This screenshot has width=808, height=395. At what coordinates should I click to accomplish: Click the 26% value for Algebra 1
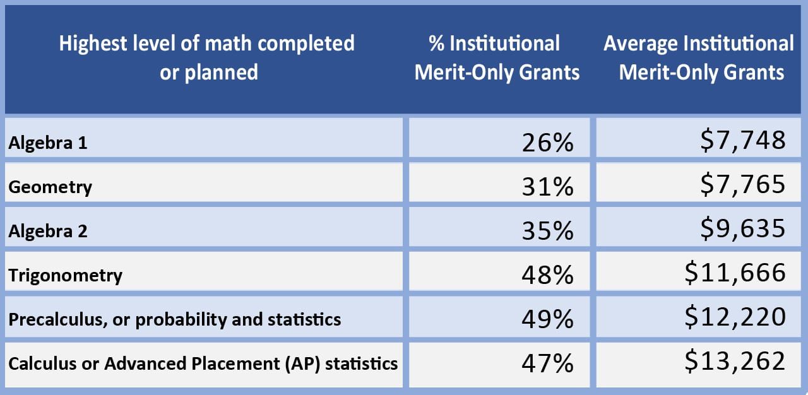(x=547, y=143)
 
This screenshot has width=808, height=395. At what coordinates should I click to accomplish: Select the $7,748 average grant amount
(x=743, y=140)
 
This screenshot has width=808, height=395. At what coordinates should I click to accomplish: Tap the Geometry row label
(x=50, y=187)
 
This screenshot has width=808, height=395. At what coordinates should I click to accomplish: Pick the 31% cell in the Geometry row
(x=547, y=187)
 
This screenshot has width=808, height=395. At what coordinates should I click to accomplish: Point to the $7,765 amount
(x=743, y=184)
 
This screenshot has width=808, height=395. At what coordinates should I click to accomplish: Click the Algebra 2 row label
(x=47, y=232)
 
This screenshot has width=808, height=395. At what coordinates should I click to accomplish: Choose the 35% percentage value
(x=547, y=232)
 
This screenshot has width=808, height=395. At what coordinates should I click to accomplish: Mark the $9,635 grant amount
(x=743, y=228)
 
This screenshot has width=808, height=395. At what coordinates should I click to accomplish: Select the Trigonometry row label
(x=65, y=276)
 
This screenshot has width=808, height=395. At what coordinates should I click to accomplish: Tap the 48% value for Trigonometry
(x=547, y=276)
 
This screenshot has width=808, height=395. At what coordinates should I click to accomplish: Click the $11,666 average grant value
(x=735, y=273)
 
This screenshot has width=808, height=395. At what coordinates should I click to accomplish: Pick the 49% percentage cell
(x=547, y=320)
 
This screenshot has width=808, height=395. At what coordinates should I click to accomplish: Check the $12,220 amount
(x=735, y=317)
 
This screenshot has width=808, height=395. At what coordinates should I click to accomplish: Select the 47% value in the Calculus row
(x=547, y=364)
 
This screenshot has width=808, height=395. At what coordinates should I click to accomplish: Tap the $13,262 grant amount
(x=735, y=361)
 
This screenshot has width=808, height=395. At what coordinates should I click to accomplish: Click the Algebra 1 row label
(x=47, y=143)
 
